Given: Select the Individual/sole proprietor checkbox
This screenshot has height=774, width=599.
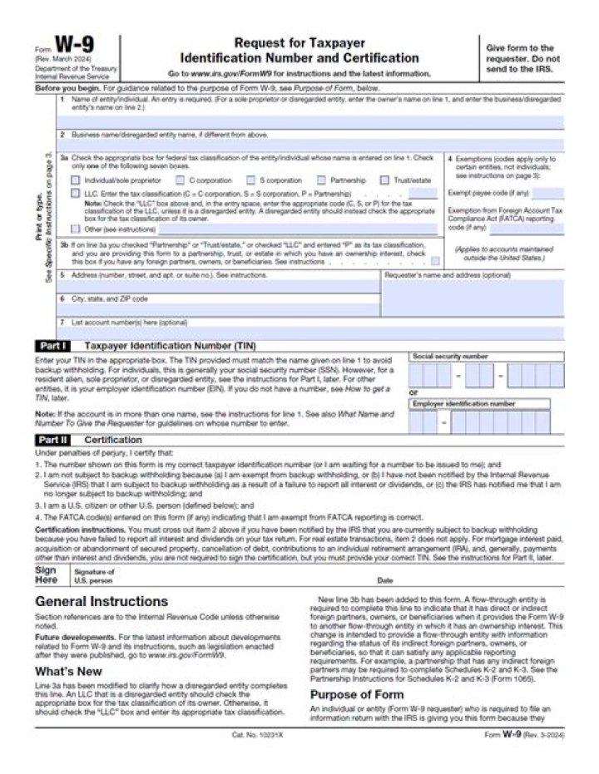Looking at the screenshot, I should (76, 180).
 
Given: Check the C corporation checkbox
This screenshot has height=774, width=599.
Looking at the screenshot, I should (180, 180).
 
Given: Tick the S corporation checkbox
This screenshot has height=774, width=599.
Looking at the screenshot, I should (250, 180).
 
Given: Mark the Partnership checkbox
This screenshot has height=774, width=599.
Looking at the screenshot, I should (321, 180).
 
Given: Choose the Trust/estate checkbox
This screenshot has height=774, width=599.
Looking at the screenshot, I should (384, 180).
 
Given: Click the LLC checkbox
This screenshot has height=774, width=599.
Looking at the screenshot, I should (76, 193).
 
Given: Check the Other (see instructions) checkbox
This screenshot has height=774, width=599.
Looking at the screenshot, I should (76, 229).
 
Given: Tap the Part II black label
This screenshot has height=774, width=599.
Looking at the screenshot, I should (52, 440).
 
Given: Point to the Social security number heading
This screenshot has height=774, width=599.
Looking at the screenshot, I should (450, 356).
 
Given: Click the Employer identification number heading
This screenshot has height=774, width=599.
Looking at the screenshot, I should (463, 403).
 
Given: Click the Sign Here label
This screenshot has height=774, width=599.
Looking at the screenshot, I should (46, 575).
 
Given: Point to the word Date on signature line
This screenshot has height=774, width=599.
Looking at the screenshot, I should (385, 580).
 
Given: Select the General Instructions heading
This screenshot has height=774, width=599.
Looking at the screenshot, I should (101, 601).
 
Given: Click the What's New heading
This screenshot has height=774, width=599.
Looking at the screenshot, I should (68, 671).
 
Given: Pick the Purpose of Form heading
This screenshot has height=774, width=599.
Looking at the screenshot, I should (357, 694).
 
